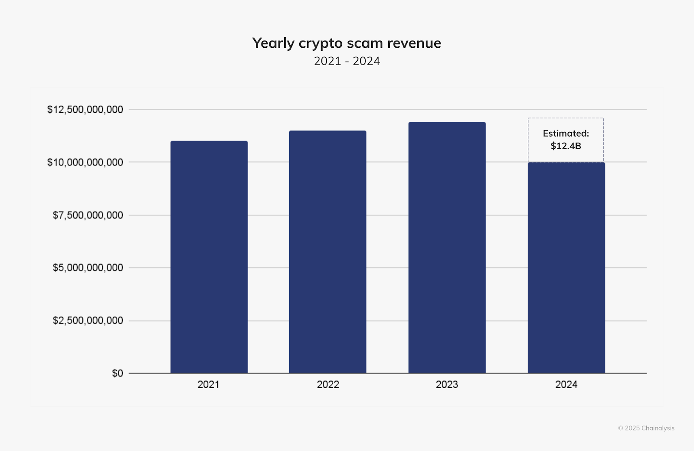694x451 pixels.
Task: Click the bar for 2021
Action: [209, 257]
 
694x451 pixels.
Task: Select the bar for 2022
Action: [327, 252]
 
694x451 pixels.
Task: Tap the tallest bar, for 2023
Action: [447, 247]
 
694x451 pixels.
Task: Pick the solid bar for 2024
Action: [566, 268]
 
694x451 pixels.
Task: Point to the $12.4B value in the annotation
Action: [566, 146]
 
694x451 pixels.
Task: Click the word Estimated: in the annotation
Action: [566, 134]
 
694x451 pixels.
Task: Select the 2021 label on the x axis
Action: [209, 385]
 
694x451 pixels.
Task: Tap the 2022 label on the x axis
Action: [328, 385]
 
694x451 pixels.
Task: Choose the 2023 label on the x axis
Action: [447, 385]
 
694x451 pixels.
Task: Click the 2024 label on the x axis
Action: [566, 385]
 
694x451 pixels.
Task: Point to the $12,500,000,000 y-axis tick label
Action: [85, 110]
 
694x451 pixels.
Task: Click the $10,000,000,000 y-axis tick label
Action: [85, 163]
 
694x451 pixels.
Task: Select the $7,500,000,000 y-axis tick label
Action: [88, 216]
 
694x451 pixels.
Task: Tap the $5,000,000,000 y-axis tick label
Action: [88, 268]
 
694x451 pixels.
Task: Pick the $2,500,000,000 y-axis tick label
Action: [88, 321]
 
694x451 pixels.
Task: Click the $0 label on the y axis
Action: [118, 373]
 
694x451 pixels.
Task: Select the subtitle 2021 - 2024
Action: [347, 61]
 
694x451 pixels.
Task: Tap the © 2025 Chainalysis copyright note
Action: [646, 428]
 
